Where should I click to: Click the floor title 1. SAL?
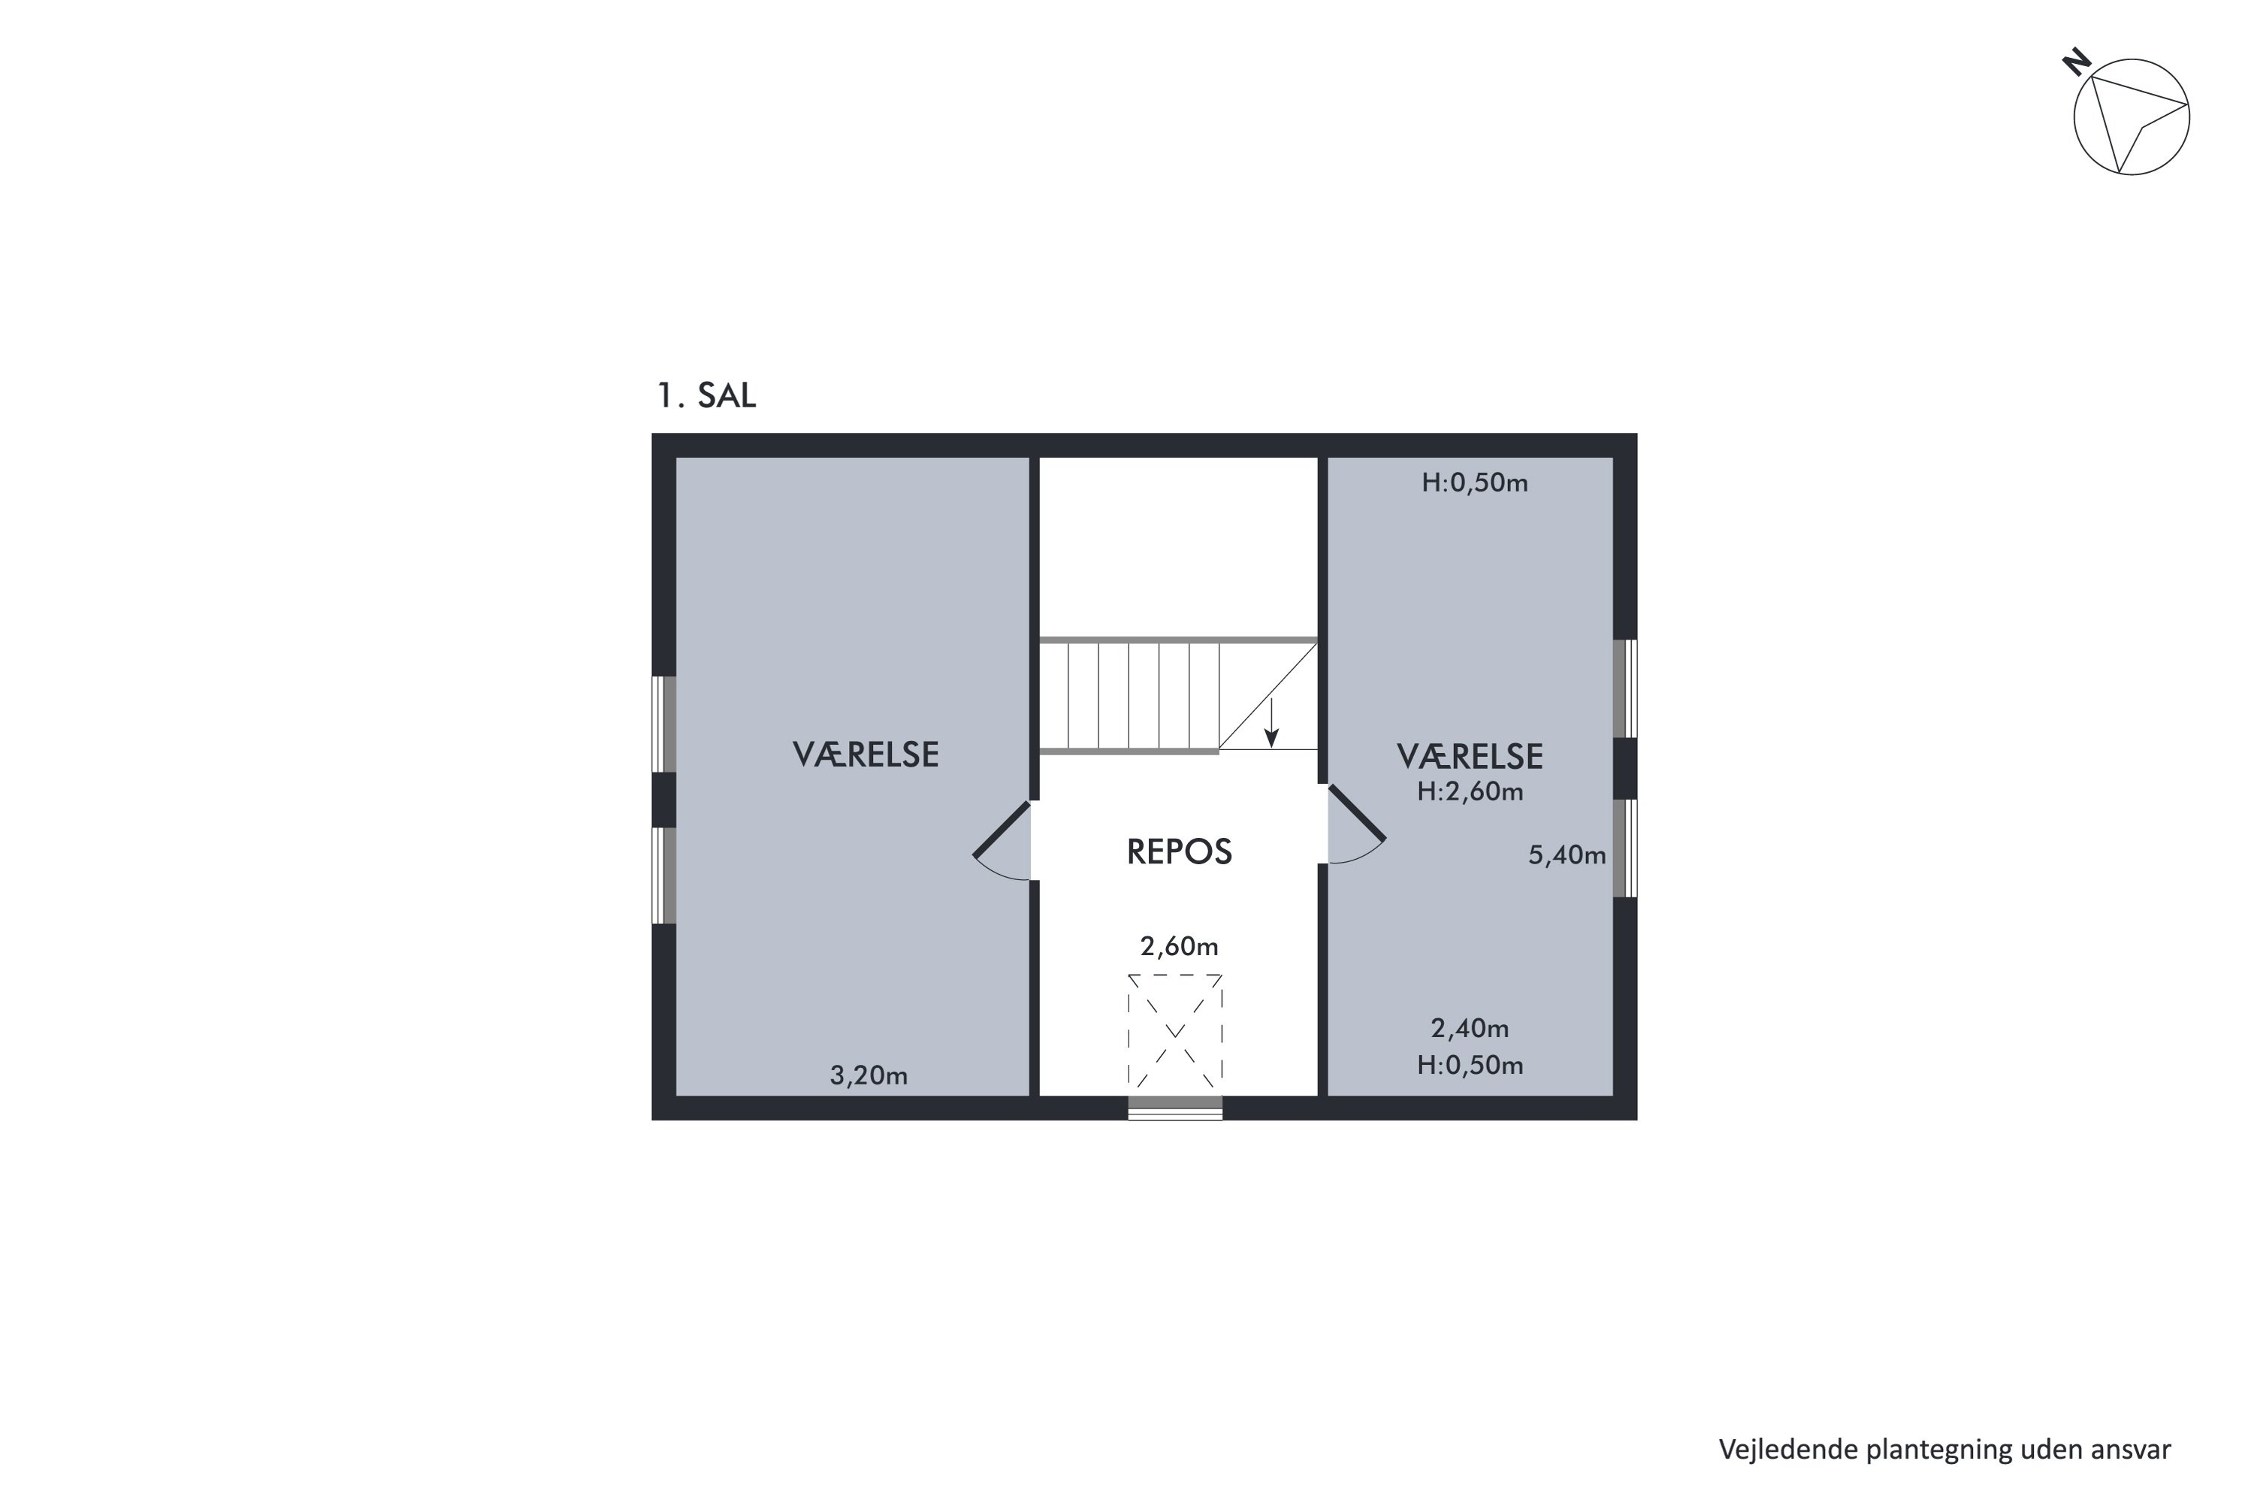point(706,395)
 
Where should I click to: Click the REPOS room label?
point(1179,852)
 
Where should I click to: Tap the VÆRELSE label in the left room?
point(866,755)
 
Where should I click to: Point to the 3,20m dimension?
point(869,1075)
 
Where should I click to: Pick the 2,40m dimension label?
point(1470,1029)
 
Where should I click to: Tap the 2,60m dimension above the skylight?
point(1179,947)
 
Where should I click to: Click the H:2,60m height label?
point(1470,792)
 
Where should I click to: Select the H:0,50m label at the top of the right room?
point(1474,483)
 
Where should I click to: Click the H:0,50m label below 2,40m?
point(1470,1065)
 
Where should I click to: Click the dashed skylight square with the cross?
point(1175,1030)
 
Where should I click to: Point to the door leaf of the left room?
point(1002,829)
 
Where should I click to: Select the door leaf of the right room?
point(1356,813)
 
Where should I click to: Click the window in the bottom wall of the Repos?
point(1175,1108)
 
